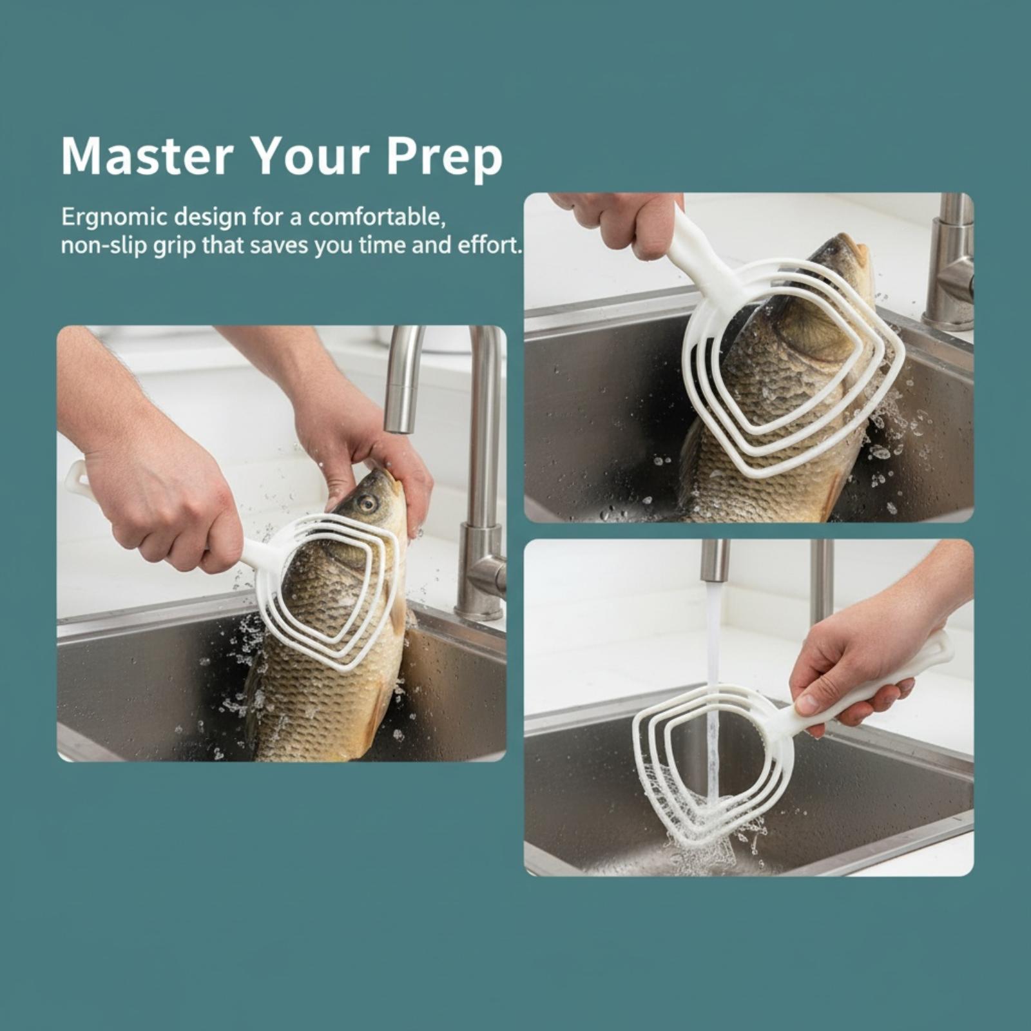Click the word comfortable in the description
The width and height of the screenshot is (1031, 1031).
point(378,217)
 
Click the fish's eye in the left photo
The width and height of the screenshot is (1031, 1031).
point(367,502)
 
